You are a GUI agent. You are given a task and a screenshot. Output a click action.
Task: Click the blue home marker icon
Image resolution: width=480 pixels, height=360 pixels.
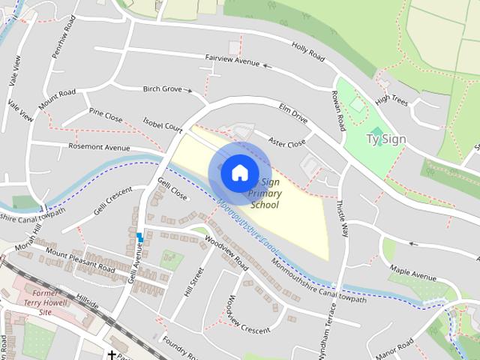pyautogui.click(x=239, y=172)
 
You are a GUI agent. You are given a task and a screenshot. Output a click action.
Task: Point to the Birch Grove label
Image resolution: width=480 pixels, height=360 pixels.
pyautogui.click(x=163, y=88)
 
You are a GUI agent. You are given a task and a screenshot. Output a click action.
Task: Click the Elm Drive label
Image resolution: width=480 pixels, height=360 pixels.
pyautogui.click(x=293, y=112)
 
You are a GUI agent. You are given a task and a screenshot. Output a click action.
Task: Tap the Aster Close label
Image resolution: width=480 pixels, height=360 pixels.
pyautogui.click(x=288, y=142)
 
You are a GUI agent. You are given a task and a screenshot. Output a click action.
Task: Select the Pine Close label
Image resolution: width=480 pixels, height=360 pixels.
pyautogui.click(x=106, y=115)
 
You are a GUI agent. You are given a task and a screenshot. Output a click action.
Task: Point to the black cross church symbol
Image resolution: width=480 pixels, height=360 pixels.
pyautogui.click(x=112, y=355)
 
